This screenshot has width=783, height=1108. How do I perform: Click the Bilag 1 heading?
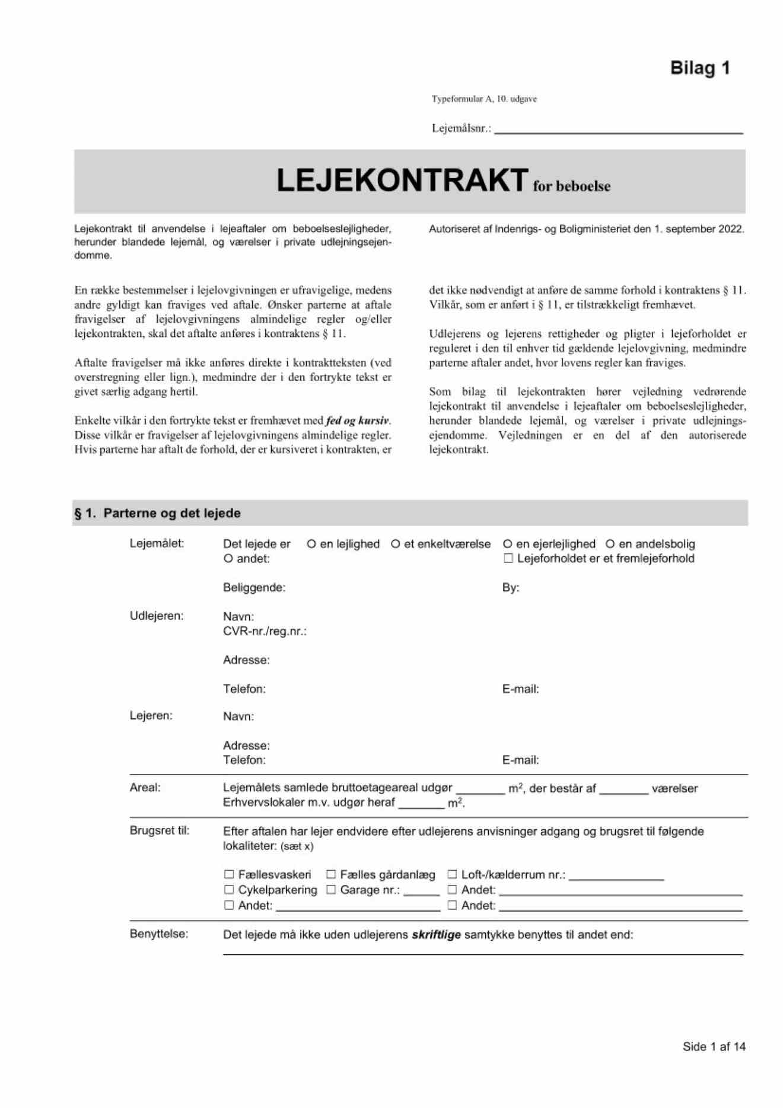pos(699,68)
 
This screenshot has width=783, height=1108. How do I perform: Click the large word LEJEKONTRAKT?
pos(402,180)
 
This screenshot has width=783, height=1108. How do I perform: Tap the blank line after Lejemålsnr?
pos(618,130)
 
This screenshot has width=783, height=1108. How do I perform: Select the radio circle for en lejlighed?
pos(311,544)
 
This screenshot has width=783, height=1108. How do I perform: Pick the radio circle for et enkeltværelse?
pos(395,544)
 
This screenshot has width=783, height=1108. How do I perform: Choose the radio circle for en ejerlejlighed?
pos(507,544)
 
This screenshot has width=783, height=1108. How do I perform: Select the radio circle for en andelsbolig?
pos(610,544)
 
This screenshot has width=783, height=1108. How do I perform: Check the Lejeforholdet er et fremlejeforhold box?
pos(508,558)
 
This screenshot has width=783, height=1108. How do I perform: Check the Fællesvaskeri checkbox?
pos(229,874)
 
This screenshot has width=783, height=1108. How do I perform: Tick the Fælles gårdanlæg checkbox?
pos(331,874)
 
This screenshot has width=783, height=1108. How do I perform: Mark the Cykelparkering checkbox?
pos(229,890)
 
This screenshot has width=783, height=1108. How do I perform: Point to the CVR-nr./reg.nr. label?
pos(265,631)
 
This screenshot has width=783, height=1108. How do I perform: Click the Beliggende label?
pos(254,588)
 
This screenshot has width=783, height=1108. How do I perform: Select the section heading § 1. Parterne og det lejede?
pos(157,513)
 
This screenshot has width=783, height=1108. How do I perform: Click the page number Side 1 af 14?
pos(714,1046)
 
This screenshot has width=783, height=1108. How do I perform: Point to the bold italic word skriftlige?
pos(436,935)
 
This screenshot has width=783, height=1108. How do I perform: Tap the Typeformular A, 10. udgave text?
pos(484,99)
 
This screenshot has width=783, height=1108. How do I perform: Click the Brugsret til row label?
pos(160,830)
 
